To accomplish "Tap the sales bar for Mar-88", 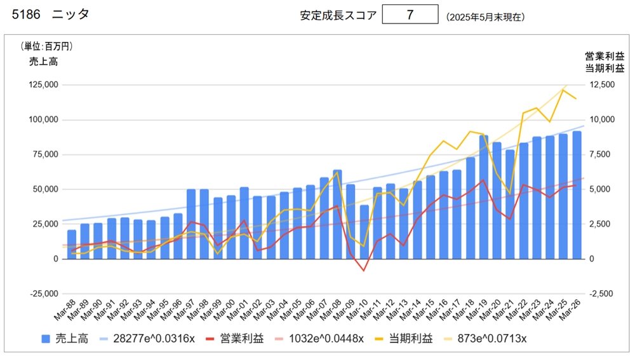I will coord(72,244).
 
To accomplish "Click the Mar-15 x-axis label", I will coord(426,311).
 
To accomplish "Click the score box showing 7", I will coord(410,15).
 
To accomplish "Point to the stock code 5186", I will coord(25,15).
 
